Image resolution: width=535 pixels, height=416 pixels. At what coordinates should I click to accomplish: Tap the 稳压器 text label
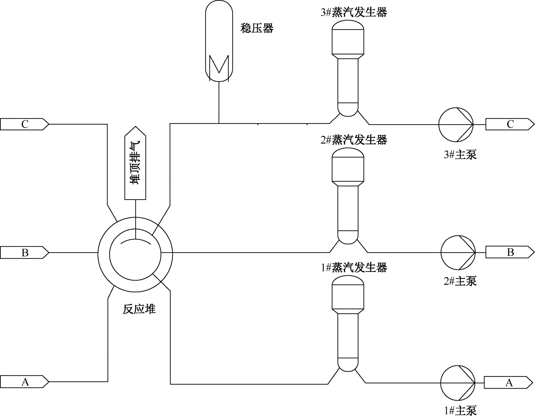257,28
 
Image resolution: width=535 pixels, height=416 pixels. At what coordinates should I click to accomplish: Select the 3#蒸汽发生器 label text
354,13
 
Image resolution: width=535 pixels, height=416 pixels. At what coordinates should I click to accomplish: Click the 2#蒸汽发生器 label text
354,140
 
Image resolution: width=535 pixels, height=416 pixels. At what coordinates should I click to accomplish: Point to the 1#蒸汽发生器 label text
354,268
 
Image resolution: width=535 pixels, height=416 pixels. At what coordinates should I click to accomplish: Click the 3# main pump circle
456,124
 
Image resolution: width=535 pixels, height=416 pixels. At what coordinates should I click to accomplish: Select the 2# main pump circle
458,252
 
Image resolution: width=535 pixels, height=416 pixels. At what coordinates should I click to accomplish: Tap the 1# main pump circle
458,382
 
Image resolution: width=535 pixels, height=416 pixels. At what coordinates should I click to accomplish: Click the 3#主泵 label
460,154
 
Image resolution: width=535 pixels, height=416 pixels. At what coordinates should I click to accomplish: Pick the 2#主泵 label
460,281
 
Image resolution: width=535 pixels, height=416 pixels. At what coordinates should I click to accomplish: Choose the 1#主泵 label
460,410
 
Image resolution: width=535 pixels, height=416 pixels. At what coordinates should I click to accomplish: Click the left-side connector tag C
24,124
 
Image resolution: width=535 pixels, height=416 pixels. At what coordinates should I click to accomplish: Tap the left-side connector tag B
24,253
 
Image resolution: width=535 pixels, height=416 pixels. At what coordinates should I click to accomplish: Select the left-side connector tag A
24,382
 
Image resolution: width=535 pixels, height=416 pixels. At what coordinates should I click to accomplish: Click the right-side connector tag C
510,124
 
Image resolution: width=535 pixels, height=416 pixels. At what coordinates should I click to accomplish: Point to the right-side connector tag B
510,252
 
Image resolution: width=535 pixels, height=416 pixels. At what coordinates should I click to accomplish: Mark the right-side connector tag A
509,383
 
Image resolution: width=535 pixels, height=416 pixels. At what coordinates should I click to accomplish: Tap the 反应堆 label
139,309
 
